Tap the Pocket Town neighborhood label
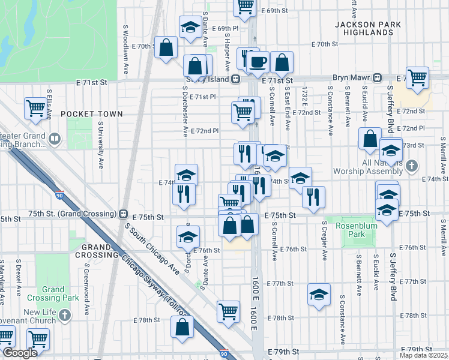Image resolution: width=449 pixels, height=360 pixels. coord(91,114)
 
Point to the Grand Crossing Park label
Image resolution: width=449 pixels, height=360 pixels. coord(53,294)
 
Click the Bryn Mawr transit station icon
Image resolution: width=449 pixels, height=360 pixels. coord(378,78)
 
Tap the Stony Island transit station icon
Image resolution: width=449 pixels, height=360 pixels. coord(237,79)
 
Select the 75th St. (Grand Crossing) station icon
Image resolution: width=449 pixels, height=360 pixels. coord(123,214)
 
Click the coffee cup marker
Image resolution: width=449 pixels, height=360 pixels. coord(258,62)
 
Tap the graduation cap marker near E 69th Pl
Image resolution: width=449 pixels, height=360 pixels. coord(190,27)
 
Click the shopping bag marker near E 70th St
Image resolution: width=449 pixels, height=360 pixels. coord(165,48)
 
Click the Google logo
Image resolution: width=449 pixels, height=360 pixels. coord(20,353)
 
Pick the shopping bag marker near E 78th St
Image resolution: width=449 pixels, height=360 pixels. coord(182,328)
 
